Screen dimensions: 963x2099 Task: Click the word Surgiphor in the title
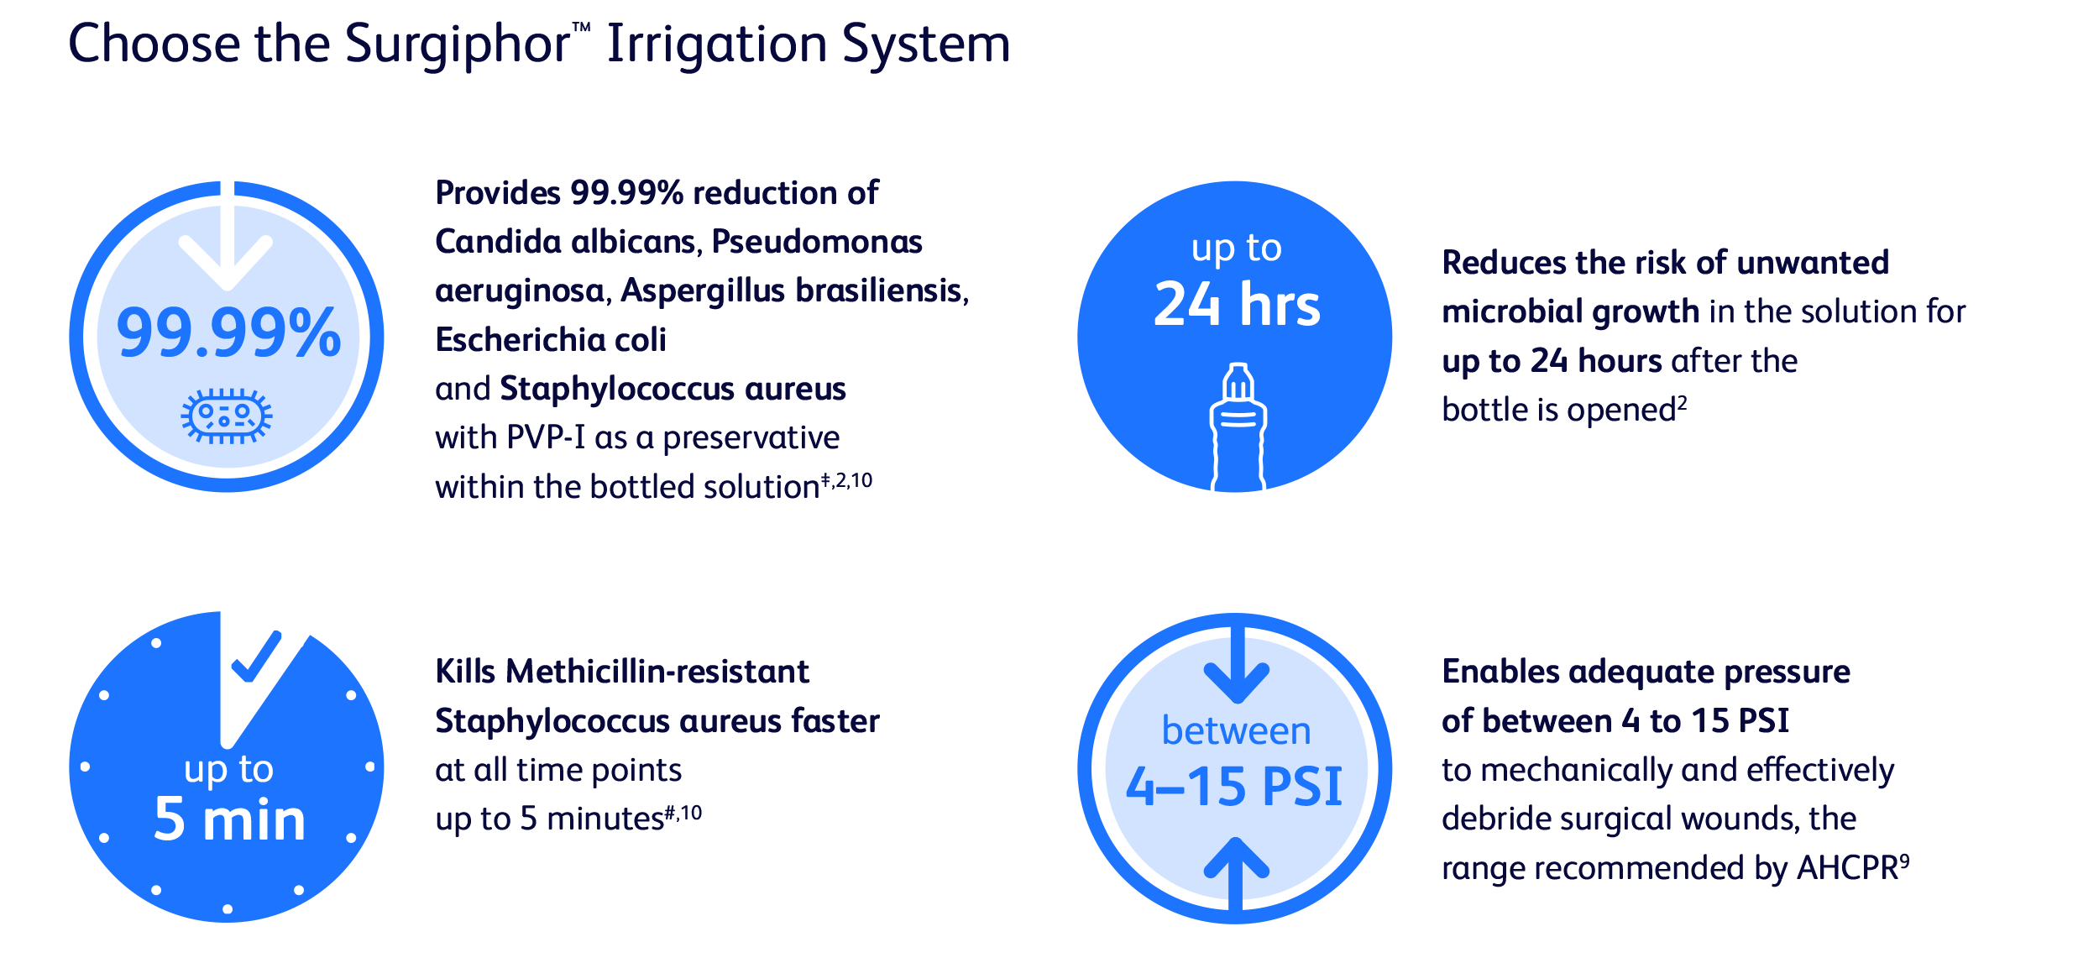pos(458,44)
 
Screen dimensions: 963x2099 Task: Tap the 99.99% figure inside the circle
pos(228,333)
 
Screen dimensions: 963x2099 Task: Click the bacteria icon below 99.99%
pos(227,416)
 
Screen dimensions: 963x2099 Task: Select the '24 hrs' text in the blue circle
pos(1237,304)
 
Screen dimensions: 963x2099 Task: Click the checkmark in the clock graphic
pos(257,657)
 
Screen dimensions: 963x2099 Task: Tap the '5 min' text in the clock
pos(229,819)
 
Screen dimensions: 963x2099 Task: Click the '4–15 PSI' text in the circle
pos(1234,787)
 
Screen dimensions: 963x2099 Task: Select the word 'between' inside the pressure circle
pos(1236,731)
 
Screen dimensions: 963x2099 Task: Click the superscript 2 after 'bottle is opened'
pos(1682,402)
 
